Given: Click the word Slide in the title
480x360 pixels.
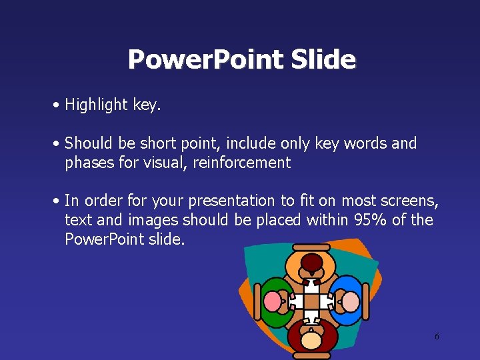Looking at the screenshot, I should (323, 59).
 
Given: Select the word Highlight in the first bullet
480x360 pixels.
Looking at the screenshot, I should (96, 105).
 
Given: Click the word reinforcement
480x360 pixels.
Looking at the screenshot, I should (242, 163).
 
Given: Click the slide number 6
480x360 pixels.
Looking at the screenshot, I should (437, 337).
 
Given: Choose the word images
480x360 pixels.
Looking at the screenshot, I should (154, 220).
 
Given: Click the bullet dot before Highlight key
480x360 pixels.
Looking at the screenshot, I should (59, 105).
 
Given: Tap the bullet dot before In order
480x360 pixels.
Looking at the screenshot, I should (59, 201).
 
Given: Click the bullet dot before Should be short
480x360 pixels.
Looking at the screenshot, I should (59, 144).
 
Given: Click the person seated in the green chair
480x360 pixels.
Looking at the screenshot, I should (274, 302).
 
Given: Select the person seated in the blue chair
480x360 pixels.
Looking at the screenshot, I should (349, 301).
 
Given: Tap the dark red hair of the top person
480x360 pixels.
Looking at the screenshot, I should (311, 263).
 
